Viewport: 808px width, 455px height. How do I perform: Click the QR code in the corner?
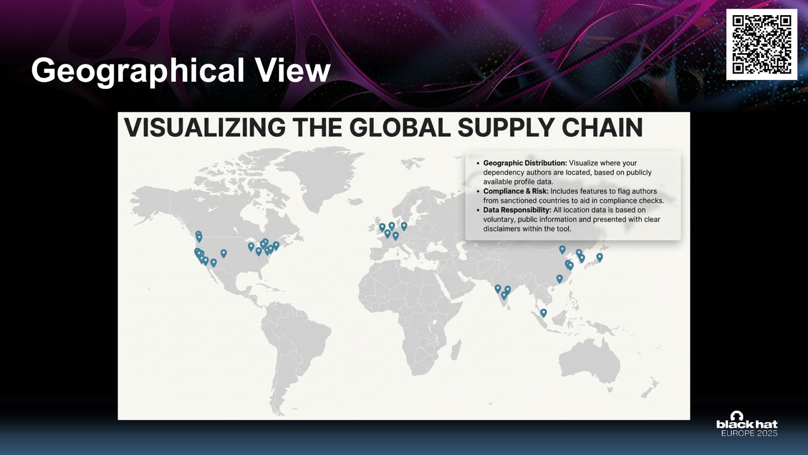click(x=762, y=44)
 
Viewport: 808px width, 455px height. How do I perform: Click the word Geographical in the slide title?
click(x=138, y=71)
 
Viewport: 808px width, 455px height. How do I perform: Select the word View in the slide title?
click(x=292, y=70)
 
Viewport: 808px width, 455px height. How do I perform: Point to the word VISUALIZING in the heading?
click(x=205, y=127)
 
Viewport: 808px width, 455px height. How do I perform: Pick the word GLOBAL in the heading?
click(x=399, y=127)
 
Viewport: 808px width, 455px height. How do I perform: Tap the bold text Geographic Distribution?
click(x=525, y=163)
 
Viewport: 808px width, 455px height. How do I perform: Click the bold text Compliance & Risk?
click(x=516, y=191)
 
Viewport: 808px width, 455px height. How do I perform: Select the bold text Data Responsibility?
click(x=517, y=210)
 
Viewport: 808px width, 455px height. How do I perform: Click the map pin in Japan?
click(x=599, y=257)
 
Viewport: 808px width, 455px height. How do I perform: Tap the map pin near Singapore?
click(x=543, y=312)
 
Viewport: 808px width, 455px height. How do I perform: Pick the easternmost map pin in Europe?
click(x=404, y=226)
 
